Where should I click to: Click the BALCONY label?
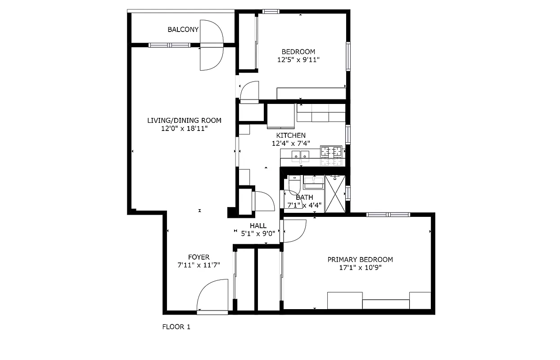click(x=183, y=30)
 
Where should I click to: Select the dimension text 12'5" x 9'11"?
click(x=298, y=59)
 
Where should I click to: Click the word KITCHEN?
click(x=291, y=135)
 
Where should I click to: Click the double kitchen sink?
click(x=300, y=156)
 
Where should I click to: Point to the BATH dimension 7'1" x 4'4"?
click(x=304, y=206)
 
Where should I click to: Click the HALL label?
click(x=258, y=226)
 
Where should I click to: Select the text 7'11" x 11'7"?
click(x=199, y=265)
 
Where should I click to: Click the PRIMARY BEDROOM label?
click(x=360, y=260)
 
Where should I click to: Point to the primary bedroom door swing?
click(x=294, y=231)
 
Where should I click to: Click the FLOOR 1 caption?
click(x=176, y=327)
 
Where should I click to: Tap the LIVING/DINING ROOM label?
click(x=184, y=121)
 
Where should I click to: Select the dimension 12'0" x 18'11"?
click(x=184, y=129)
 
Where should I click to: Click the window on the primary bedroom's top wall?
click(x=388, y=215)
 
